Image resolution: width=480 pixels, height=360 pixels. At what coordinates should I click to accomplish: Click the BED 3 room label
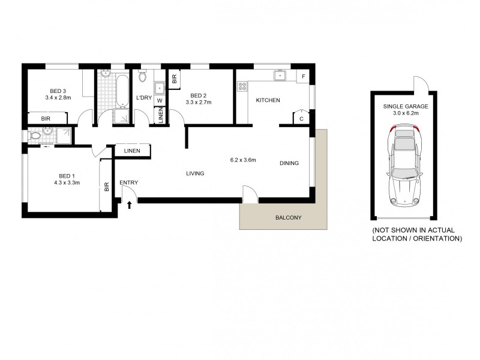click(57, 91)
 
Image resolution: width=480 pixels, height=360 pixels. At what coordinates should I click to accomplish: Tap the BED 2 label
click(199, 95)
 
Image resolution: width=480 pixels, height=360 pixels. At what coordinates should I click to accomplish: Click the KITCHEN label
click(268, 100)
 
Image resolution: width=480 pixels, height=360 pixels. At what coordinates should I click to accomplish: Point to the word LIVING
click(195, 173)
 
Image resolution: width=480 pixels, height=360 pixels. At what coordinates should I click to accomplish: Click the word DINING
click(289, 163)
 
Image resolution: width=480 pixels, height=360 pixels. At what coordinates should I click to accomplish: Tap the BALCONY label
click(288, 218)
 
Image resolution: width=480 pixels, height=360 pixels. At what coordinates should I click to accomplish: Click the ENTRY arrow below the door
click(130, 205)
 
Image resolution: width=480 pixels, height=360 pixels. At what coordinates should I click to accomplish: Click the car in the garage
click(403, 167)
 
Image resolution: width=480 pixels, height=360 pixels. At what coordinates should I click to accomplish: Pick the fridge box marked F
click(304, 77)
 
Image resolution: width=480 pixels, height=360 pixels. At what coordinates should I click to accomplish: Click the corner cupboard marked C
click(301, 118)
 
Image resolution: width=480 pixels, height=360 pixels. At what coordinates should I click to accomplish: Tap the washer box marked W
click(160, 100)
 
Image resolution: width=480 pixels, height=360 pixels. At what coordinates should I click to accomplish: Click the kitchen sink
click(280, 76)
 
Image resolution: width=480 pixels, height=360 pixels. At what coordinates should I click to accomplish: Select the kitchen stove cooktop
click(242, 86)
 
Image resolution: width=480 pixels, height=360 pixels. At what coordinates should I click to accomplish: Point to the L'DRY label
click(143, 98)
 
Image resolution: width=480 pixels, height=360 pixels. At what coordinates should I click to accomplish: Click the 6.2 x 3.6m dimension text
click(243, 160)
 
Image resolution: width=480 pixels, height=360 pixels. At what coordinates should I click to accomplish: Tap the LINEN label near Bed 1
click(133, 151)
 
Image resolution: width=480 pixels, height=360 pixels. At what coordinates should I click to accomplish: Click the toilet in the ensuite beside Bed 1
click(35, 136)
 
